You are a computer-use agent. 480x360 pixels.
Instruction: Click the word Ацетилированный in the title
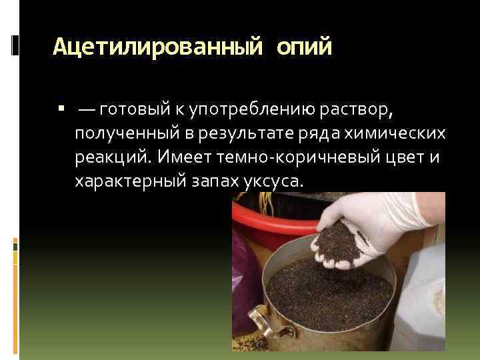click(157, 47)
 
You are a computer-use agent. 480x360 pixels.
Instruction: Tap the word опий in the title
click(305, 47)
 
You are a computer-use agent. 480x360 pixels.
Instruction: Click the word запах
click(212, 181)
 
